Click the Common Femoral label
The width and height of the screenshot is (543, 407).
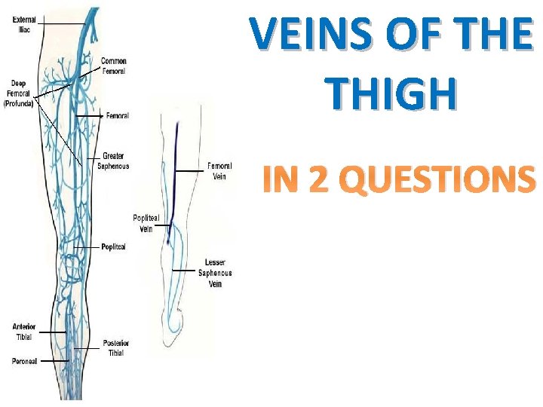pyautogui.click(x=114, y=66)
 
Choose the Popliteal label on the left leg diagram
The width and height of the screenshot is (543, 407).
pyautogui.click(x=113, y=246)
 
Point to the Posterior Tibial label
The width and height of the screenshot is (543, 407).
pyautogui.click(x=116, y=348)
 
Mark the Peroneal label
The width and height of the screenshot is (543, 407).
pyautogui.click(x=24, y=362)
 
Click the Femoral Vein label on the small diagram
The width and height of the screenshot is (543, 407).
pyautogui.click(x=219, y=171)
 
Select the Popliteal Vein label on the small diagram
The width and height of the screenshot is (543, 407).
pyautogui.click(x=146, y=223)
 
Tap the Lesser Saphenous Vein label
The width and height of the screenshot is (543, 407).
pyautogui.click(x=216, y=273)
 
